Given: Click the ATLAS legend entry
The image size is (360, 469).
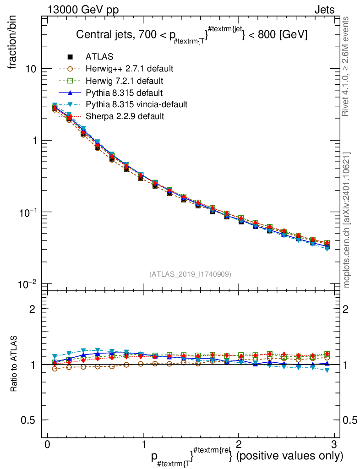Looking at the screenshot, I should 99,57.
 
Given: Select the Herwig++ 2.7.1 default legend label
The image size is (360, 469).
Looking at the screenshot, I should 129,69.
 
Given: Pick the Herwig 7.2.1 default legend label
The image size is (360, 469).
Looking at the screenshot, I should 125,81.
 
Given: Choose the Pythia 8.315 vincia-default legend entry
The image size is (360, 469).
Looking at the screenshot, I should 136,104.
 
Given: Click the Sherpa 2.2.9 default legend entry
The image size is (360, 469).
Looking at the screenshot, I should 125,116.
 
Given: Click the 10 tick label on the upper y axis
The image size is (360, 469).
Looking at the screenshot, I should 32,69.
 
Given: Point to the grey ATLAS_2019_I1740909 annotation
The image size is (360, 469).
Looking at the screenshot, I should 190,274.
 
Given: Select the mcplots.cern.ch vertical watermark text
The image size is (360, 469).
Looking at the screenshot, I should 347,220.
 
